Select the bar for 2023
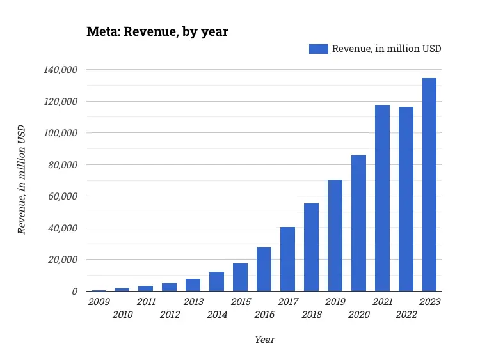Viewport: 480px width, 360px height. (x=429, y=185)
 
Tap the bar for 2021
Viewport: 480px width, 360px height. (x=382, y=198)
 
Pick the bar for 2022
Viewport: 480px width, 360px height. (x=406, y=199)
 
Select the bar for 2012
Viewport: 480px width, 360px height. (x=169, y=287)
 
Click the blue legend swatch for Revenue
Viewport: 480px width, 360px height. (x=318, y=49)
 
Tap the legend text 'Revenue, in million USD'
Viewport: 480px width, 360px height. (x=386, y=49)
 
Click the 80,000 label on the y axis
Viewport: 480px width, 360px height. (x=64, y=165)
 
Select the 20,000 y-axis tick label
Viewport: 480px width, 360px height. (x=64, y=260)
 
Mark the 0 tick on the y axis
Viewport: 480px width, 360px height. (x=74, y=292)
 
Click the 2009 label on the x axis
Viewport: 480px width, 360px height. (x=99, y=302)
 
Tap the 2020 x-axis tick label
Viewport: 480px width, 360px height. (x=358, y=314)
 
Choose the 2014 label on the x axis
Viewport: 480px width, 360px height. (x=217, y=314)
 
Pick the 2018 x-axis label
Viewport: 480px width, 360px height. (x=312, y=314)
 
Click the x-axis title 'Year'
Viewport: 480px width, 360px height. (x=264, y=340)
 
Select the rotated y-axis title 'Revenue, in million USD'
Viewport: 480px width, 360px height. (x=22, y=179)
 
